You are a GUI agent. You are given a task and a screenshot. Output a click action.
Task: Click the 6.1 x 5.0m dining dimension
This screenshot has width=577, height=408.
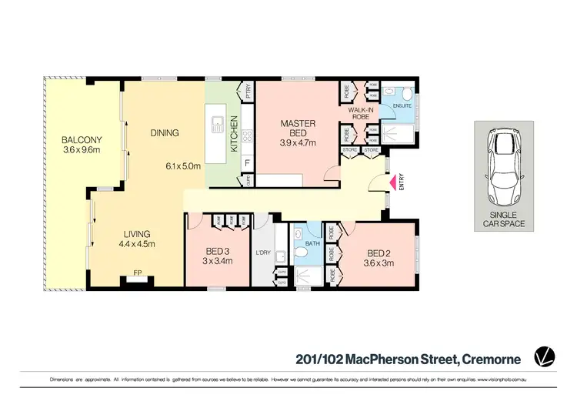pyautogui.click(x=182, y=166)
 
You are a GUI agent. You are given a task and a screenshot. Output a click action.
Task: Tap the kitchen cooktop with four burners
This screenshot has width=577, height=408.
pyautogui.click(x=247, y=136)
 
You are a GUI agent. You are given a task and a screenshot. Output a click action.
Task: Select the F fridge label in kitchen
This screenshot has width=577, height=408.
pyautogui.click(x=246, y=162)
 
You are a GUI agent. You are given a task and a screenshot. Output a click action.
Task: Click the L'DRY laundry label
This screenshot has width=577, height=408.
pyautogui.click(x=263, y=252)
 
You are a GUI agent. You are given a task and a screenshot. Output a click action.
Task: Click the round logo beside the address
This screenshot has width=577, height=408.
pyautogui.click(x=545, y=356)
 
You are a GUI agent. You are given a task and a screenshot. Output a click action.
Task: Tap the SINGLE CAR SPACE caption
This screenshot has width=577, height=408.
pyautogui.click(x=502, y=219)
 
